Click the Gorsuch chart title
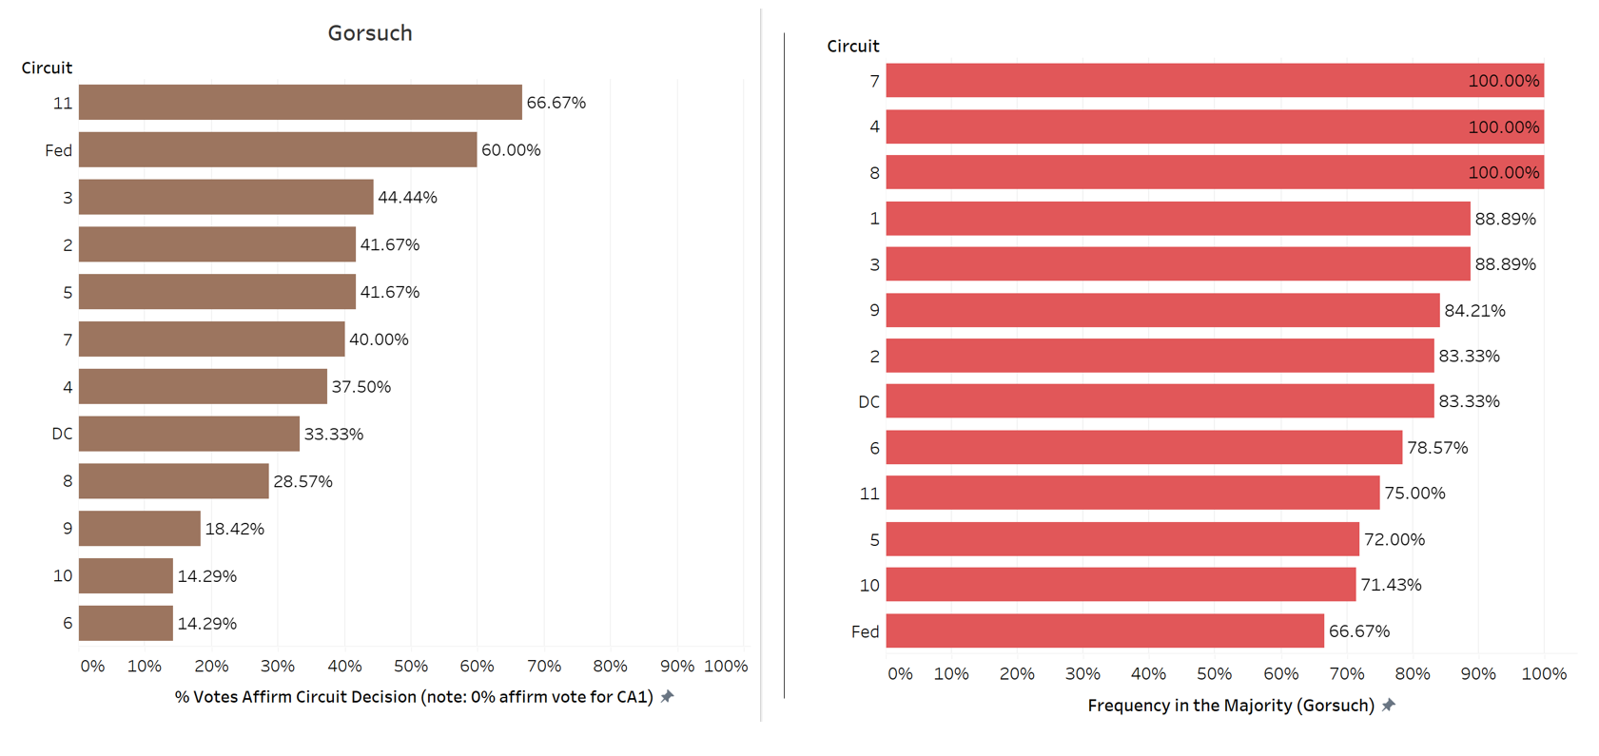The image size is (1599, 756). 370,33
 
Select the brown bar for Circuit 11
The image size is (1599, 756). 300,103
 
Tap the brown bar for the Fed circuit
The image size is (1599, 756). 277,150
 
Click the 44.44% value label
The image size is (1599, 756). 407,198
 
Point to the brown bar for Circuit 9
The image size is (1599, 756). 140,529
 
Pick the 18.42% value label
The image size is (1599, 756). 234,529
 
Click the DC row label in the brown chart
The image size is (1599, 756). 62,434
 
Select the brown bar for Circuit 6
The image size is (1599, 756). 126,624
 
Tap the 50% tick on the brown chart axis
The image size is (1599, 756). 410,666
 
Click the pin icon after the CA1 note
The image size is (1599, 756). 668,697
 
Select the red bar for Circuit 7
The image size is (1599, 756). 1215,81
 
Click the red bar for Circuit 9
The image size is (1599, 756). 1162,310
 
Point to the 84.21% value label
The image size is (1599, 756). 1474,311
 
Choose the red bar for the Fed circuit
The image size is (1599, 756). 1104,631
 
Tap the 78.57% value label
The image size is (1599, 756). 1437,448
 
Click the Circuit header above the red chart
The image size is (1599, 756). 852,46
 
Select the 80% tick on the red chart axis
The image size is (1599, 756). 1412,674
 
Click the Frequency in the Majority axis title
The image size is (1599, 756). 1230,706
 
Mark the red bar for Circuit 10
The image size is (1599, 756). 1121,585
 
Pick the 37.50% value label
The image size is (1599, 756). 361,387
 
